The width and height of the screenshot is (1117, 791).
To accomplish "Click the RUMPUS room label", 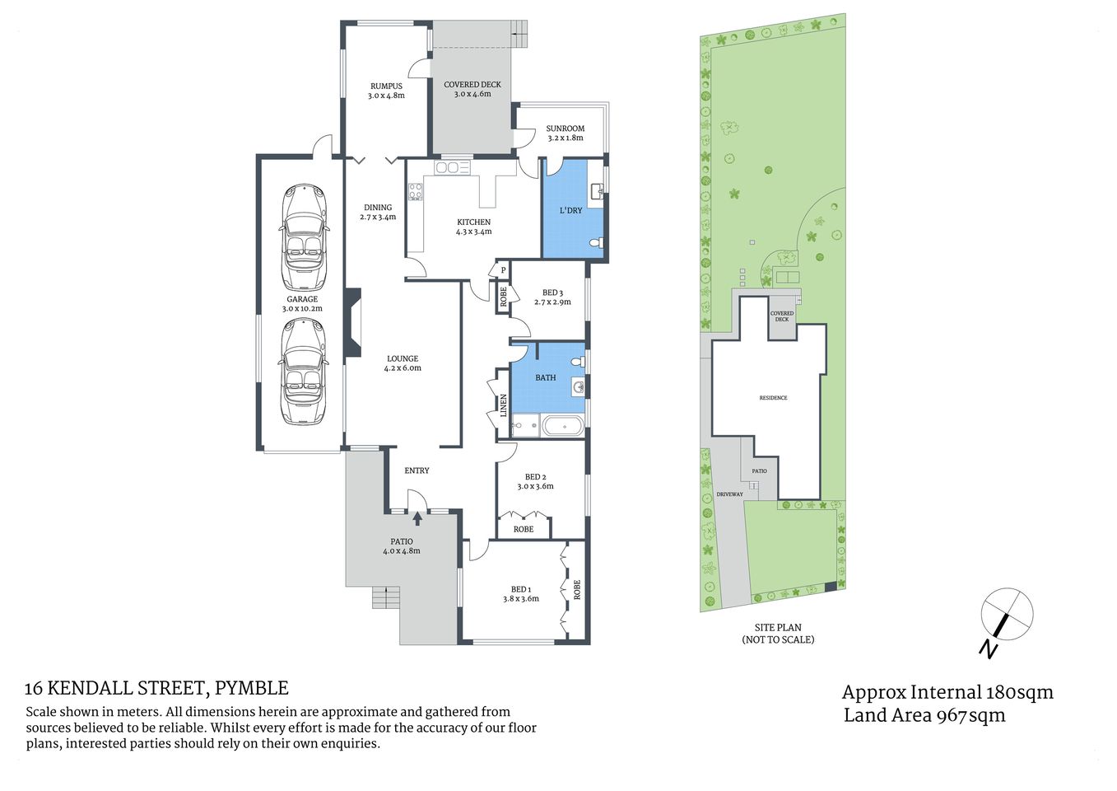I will tap(386, 87).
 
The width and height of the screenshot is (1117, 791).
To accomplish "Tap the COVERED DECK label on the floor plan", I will tap(472, 85).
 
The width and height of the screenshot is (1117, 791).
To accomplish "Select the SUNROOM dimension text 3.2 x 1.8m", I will tap(565, 138).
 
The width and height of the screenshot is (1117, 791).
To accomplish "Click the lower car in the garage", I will tap(303, 372).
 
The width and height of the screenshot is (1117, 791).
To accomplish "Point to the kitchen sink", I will tap(452, 168).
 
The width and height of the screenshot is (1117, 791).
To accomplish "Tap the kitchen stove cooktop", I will tap(415, 192).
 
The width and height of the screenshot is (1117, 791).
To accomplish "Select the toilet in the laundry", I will tap(599, 243).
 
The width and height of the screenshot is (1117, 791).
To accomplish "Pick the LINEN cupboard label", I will tap(504, 405).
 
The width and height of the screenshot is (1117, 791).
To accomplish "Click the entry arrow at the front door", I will tap(417, 518).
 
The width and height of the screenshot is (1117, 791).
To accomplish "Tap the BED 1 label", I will tap(520, 589).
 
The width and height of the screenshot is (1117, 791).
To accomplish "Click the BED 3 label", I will tap(552, 293).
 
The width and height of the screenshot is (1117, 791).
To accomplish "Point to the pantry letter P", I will tap(503, 270).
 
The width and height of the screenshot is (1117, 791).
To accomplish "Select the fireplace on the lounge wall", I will tap(353, 322).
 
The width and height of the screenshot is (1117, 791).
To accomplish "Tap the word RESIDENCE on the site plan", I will tap(773, 398).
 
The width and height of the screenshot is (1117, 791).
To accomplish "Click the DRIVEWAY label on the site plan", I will tap(729, 494).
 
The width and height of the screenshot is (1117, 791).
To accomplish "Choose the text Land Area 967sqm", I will tap(924, 715).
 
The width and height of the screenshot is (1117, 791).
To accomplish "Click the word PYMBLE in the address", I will tap(252, 688).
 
